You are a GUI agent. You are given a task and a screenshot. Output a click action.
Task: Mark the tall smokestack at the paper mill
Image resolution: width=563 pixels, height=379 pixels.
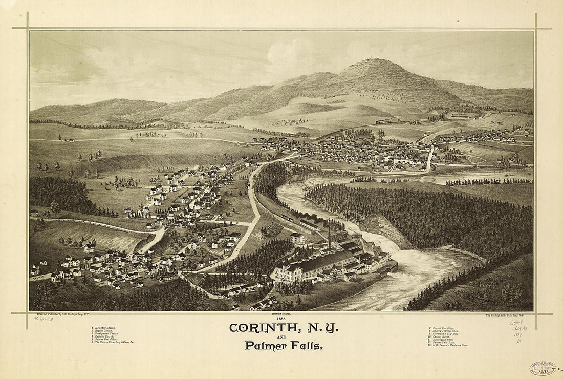[x=330, y=236]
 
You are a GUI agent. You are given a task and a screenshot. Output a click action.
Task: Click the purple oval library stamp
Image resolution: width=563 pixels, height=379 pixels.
[x=543, y=368]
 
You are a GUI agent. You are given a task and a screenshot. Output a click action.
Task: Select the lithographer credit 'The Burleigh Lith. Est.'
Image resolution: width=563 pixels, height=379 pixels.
[x=508, y=315]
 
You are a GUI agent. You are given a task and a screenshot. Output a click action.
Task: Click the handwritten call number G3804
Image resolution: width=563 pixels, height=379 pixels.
[x=517, y=323]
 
